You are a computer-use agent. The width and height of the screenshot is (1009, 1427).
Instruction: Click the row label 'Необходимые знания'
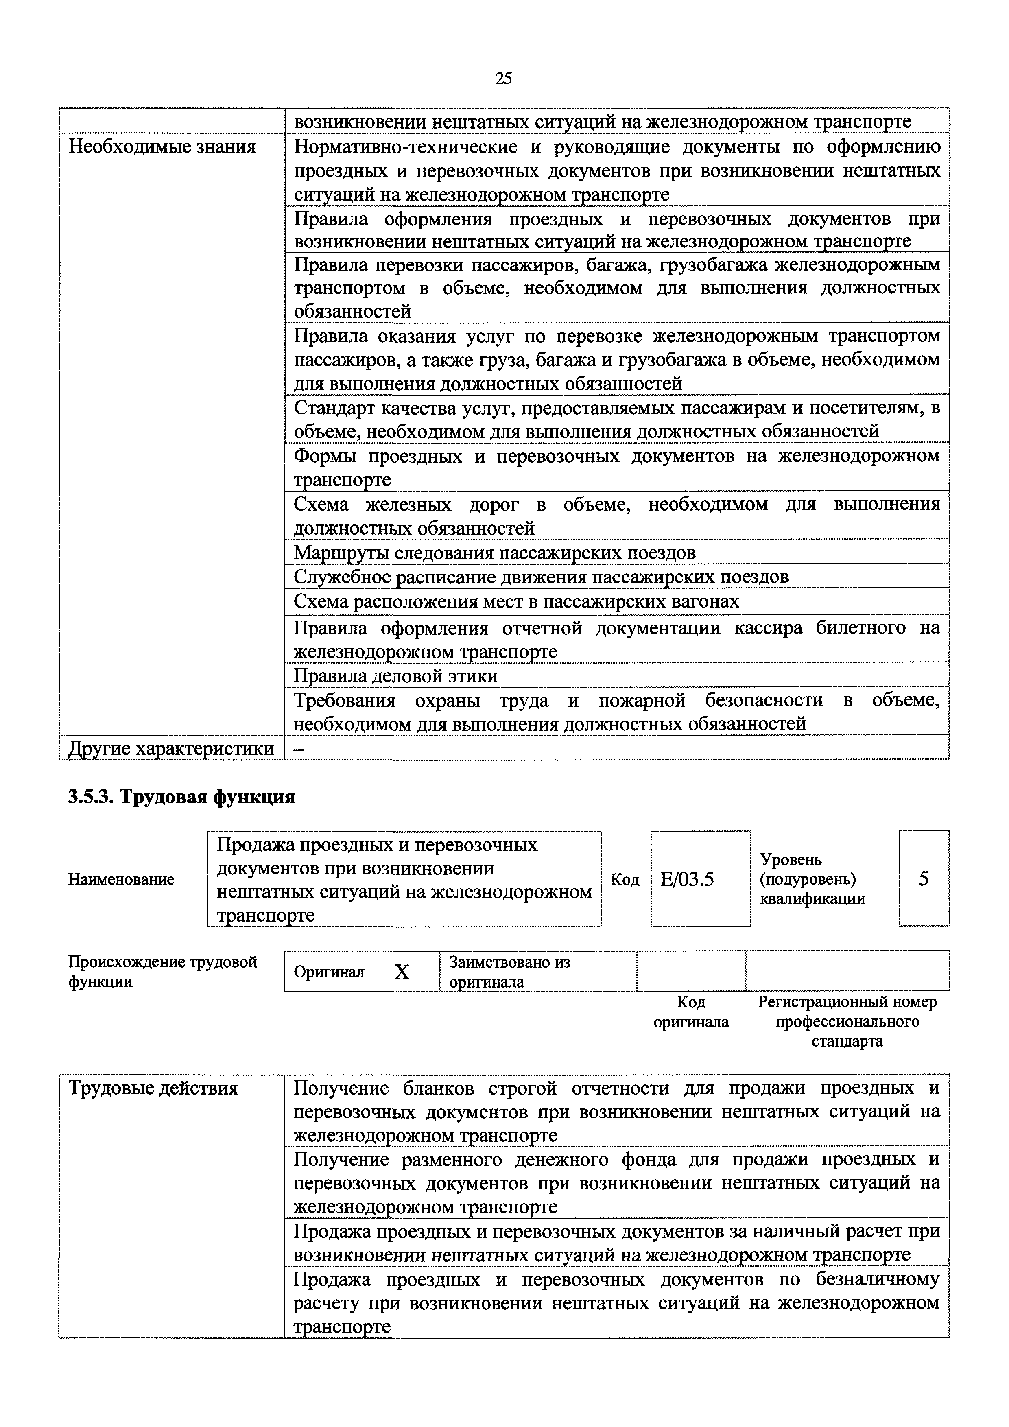pos(162,147)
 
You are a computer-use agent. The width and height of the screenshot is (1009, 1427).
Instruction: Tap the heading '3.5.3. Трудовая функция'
pos(181,797)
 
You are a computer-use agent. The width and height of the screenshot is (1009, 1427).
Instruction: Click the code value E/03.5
pos(687,879)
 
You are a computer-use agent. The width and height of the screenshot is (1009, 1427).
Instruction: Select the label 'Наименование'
pos(121,879)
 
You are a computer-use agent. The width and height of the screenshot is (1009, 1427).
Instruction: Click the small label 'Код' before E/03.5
pos(625,879)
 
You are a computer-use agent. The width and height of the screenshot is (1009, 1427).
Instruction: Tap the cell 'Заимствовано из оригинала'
pos(509,971)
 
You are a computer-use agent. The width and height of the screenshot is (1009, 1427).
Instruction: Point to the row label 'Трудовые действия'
pos(153,1088)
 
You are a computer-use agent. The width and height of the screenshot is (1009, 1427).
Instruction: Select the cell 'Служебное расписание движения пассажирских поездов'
pos(541,577)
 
